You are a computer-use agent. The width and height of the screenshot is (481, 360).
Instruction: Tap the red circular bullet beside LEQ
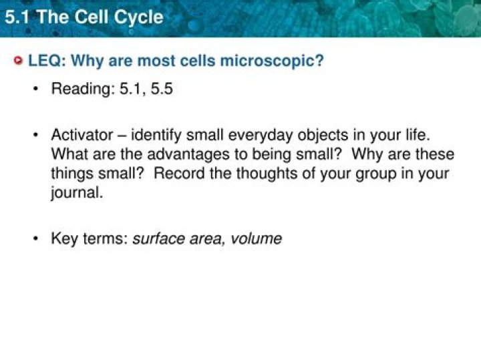[19, 60]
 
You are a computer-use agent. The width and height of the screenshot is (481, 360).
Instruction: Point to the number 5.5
[162, 89]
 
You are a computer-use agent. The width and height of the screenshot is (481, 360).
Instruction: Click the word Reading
[83, 89]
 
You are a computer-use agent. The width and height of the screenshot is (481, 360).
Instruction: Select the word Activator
[82, 135]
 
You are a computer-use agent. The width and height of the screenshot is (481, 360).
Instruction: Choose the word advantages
[188, 154]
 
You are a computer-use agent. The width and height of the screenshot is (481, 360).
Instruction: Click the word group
[375, 174]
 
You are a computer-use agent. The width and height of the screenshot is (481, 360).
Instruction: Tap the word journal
[77, 193]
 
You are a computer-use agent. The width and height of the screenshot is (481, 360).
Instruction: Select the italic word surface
[158, 238]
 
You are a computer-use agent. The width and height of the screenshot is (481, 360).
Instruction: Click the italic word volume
[256, 238]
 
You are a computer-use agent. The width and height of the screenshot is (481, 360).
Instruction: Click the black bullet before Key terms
[36, 238]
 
